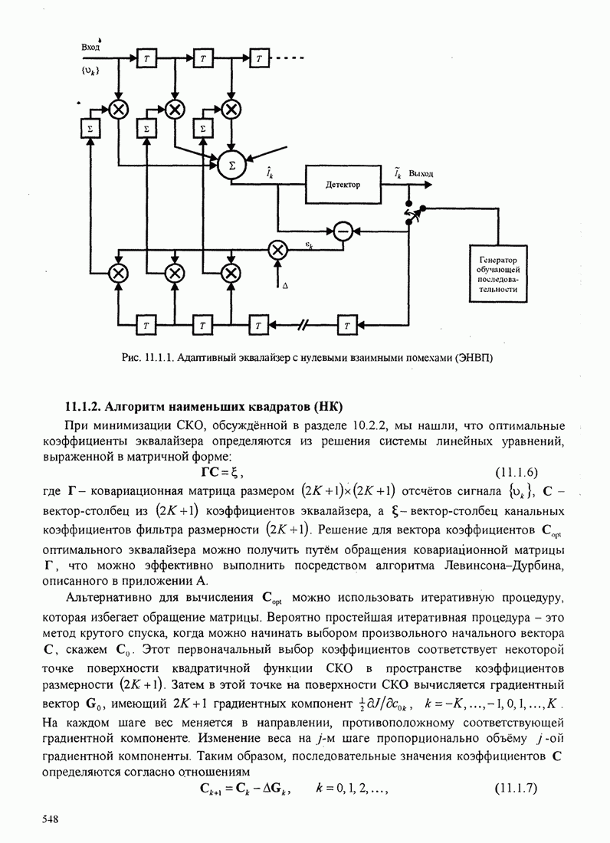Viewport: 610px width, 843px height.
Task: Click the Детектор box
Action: click(343, 185)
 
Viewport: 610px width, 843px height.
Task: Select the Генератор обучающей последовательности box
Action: click(501, 274)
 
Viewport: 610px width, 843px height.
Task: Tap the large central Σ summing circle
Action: click(233, 165)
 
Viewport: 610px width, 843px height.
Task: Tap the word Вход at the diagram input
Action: click(91, 47)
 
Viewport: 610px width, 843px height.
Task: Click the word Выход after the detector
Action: click(421, 174)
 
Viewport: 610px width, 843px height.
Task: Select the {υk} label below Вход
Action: click(90, 70)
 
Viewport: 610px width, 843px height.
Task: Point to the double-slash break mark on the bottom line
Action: click(303, 325)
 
